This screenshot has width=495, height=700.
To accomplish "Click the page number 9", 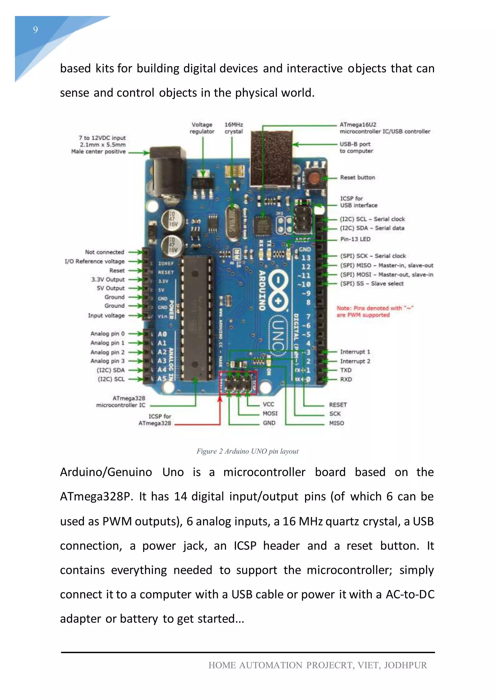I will click(36, 29).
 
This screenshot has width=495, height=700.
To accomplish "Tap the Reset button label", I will click(357, 177).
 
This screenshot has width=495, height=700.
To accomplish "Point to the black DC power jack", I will click(168, 171).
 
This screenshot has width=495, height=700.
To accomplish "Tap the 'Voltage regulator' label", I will click(202, 128).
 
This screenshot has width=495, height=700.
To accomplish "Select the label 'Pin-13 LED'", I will click(355, 239).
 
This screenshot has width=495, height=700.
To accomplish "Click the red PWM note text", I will click(374, 312).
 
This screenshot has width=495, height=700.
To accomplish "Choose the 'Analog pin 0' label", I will click(107, 334).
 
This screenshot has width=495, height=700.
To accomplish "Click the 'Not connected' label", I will click(105, 252).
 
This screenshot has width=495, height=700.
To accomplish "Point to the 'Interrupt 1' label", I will click(355, 352).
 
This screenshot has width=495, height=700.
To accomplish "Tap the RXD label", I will click(346, 379).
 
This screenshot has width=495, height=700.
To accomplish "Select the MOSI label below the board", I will click(270, 413).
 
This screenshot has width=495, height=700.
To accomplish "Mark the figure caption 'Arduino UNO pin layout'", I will click(247, 451).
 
